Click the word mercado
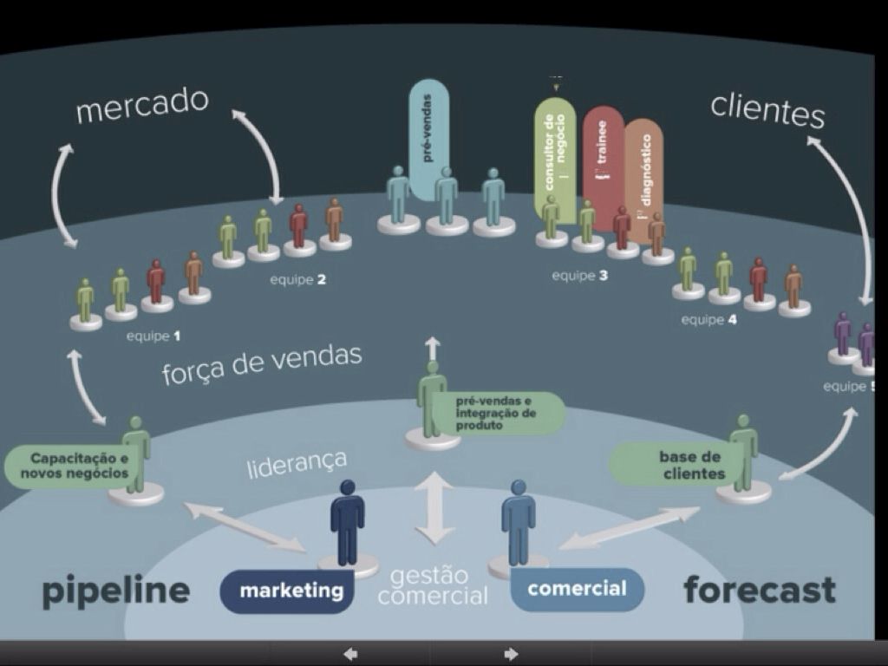pos(142,106)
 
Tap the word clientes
pos(767,111)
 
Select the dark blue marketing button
pos(291,591)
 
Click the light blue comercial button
pos(577,590)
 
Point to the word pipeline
pos(115,591)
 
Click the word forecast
pos(760,590)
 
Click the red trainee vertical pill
pos(603,156)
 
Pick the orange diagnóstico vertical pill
pos(643,173)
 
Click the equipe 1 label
pos(154,335)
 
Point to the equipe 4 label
pos(708,320)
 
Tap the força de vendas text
pos(261,365)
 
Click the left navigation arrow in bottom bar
pos(350,654)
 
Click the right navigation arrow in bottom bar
pos(512,654)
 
